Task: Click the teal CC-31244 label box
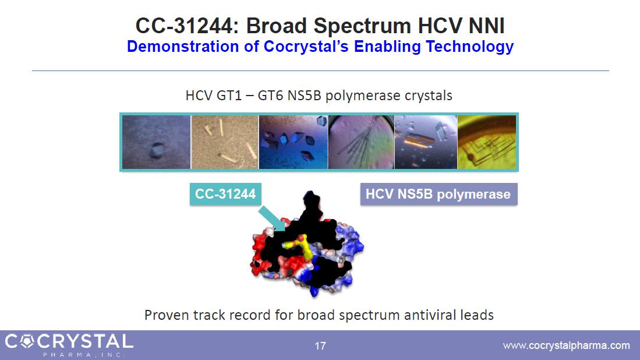[x=225, y=194]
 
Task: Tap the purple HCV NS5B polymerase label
[x=439, y=194]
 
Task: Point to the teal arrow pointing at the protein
[x=272, y=219]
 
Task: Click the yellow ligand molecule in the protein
[x=299, y=246]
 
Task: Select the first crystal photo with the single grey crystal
[x=156, y=142]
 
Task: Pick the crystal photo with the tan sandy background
[x=224, y=142]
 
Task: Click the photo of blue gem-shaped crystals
[x=293, y=142]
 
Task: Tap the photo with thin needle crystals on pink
[x=361, y=142]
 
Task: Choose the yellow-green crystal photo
[x=486, y=142]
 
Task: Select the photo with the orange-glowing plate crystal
[x=426, y=142]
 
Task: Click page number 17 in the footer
[x=320, y=346]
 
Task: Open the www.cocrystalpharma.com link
[x=566, y=345]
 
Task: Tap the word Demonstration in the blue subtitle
[x=182, y=46]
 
